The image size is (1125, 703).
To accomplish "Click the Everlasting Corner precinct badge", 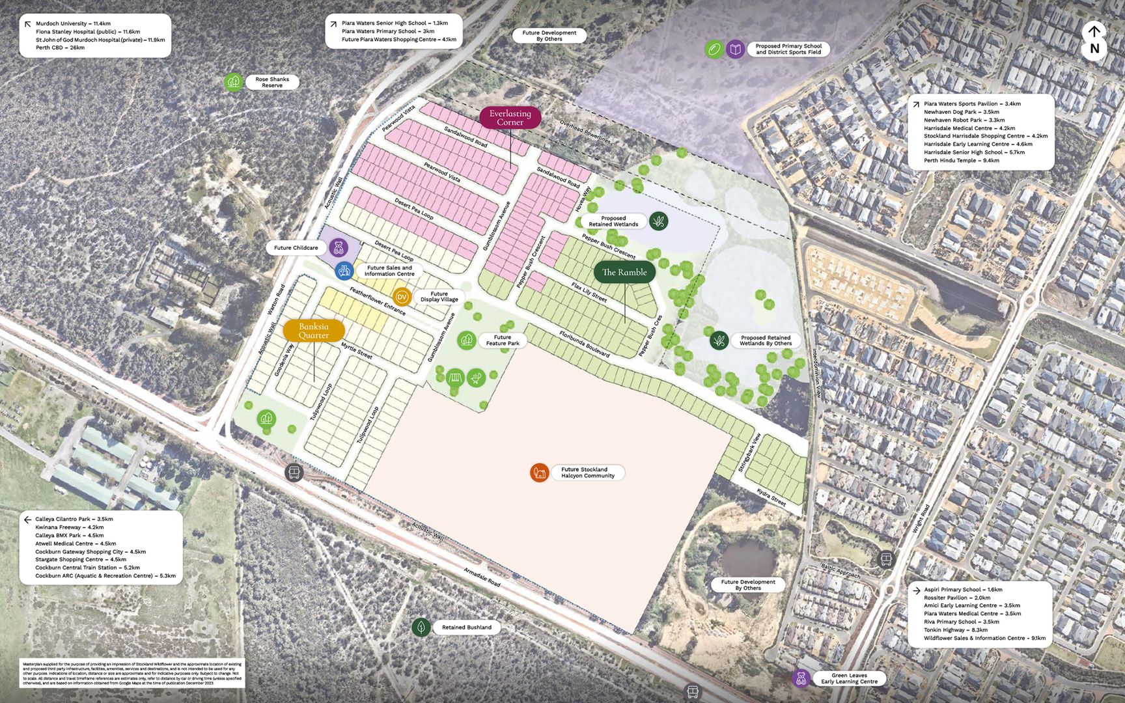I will (510, 118).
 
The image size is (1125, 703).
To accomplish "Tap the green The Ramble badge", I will (624, 272).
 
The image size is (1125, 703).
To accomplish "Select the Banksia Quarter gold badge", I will (313, 331).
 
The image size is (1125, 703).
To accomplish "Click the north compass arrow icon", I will (1094, 31).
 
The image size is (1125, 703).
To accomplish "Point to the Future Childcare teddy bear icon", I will (338, 247).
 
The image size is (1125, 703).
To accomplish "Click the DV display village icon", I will (402, 297).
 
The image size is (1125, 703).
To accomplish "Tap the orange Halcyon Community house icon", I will (539, 473).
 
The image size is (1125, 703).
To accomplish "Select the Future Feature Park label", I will (502, 340).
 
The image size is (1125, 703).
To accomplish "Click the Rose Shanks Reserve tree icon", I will (234, 82).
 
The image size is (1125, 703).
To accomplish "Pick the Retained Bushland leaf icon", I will (421, 627).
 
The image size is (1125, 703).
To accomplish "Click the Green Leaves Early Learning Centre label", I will (849, 678).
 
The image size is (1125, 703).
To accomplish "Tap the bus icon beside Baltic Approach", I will (885, 558).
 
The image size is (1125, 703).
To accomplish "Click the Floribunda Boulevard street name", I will (584, 344).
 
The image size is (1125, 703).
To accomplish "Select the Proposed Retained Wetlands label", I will (613, 221).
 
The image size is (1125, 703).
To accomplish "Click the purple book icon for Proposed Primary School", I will (735, 49).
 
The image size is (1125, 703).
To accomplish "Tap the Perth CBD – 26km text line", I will (60, 48).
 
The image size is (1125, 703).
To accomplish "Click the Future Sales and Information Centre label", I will (389, 271).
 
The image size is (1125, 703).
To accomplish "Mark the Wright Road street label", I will (921, 519).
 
